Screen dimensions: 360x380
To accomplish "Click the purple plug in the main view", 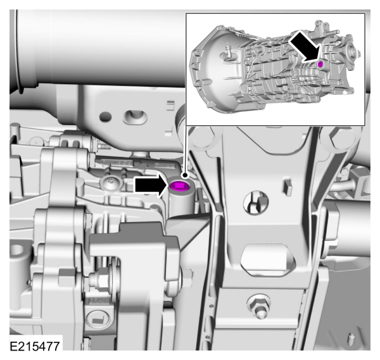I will pos(179,185).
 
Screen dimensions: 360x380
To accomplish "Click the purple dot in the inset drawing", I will pos(320,65).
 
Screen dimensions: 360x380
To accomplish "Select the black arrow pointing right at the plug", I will pos(150,185).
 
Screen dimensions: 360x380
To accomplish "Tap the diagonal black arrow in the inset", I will pos(303,47).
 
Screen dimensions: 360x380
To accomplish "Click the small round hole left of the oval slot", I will pos(106,116).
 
